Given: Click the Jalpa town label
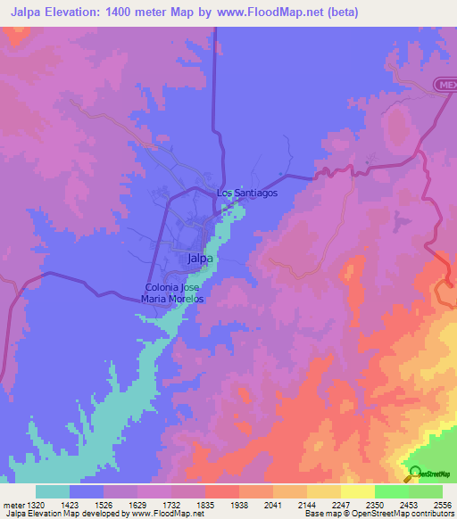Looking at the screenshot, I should tap(201, 259).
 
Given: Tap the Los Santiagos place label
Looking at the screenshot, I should tap(247, 193).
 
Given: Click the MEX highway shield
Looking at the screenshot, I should tap(445, 85).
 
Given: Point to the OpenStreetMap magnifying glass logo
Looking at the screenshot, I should tap(414, 474).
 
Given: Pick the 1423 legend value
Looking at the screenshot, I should tap(69, 503).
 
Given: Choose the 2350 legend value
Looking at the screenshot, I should tap(375, 503).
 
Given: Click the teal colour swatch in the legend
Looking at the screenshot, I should tap(53, 490).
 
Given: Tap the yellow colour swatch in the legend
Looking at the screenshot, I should tap(357, 490).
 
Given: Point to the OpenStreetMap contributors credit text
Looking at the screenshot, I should tap(407, 514).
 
